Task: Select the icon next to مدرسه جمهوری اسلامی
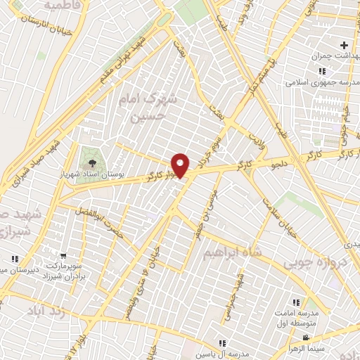point(321,71)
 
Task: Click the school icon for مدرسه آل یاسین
point(222,343)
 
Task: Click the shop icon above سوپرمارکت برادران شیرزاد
point(63,257)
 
